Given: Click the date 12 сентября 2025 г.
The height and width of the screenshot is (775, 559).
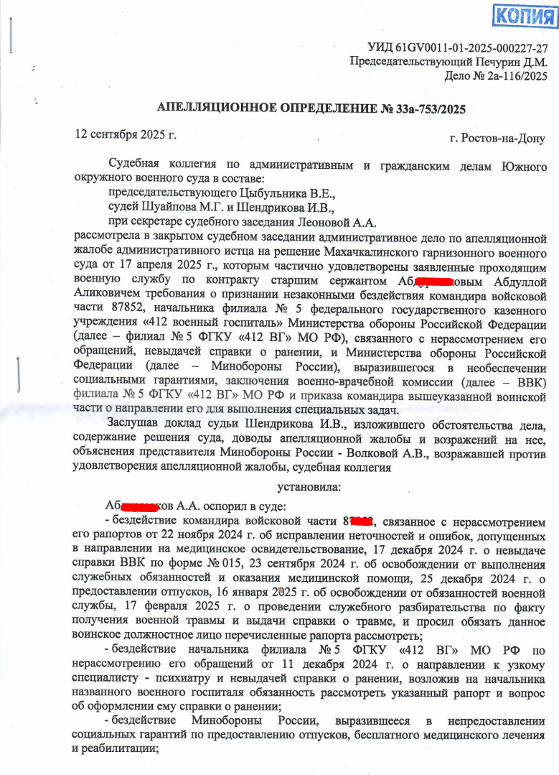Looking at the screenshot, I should coord(126,134).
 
